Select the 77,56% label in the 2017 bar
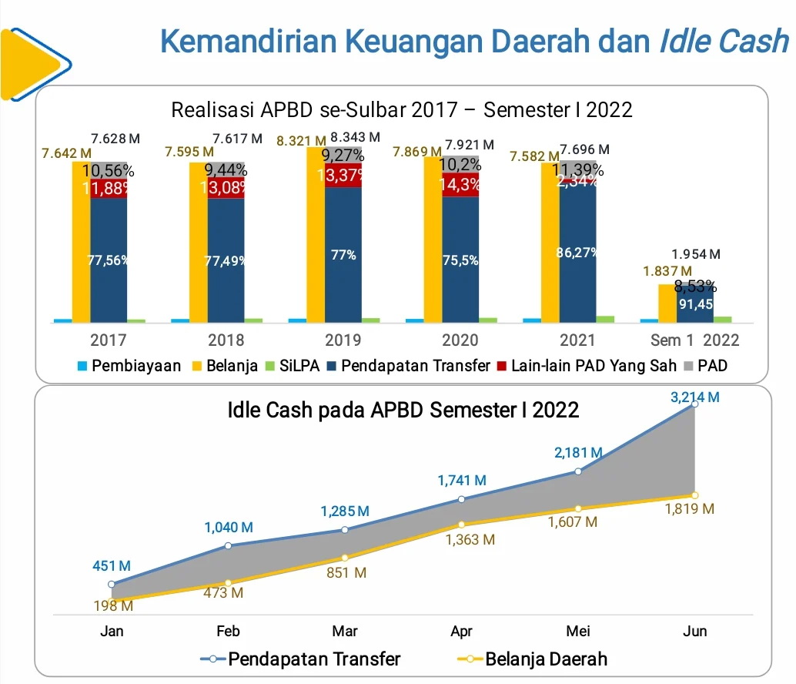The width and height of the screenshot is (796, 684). click(108, 260)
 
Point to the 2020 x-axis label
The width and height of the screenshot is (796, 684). click(460, 340)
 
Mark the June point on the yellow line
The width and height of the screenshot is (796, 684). click(694, 495)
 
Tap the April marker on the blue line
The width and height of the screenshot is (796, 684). click(461, 499)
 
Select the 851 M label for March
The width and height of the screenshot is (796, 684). click(346, 573)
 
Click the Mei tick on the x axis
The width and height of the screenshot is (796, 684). click(578, 632)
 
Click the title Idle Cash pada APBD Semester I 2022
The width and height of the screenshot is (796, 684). click(403, 411)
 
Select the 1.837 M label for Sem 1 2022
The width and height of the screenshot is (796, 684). click(667, 271)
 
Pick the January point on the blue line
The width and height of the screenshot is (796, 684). click(112, 585)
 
